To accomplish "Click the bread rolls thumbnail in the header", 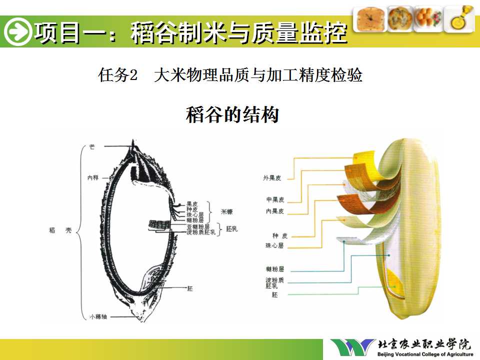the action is pos(428,19).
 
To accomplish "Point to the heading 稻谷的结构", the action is pos(232,114).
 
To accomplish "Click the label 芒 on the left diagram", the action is pos(91,146).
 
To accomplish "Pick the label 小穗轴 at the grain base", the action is pos(98,316).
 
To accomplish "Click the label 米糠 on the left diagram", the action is pos(227,212).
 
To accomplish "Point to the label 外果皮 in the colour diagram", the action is pos(273,177).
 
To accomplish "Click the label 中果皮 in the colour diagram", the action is pos(275,199).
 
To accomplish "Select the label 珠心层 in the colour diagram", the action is pos(274,245).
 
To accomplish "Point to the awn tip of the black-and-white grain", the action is pos(133,143).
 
